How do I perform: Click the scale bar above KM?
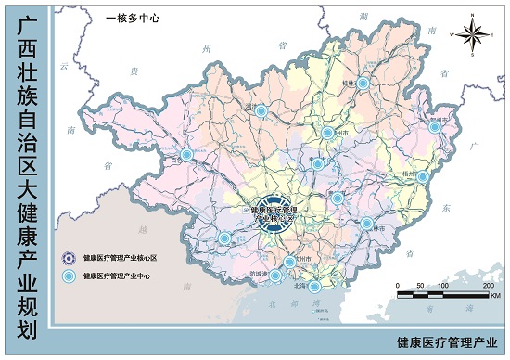[x=443, y=295]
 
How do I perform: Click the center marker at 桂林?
[x=363, y=84]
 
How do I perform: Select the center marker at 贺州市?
[x=434, y=126]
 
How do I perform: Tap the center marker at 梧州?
[x=422, y=176]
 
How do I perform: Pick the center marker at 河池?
[x=261, y=110]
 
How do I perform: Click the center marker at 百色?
[x=186, y=155]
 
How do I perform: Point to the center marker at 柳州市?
[x=326, y=133]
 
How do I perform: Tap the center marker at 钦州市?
[x=289, y=262]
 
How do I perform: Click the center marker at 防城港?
[x=275, y=275]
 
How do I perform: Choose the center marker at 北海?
[x=314, y=287]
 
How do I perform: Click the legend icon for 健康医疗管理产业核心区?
[x=67, y=258]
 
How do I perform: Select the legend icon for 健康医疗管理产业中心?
[x=67, y=276]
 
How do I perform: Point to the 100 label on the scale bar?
[x=442, y=285]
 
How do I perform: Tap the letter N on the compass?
[x=471, y=16]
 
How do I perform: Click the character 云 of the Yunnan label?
[x=63, y=66]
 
